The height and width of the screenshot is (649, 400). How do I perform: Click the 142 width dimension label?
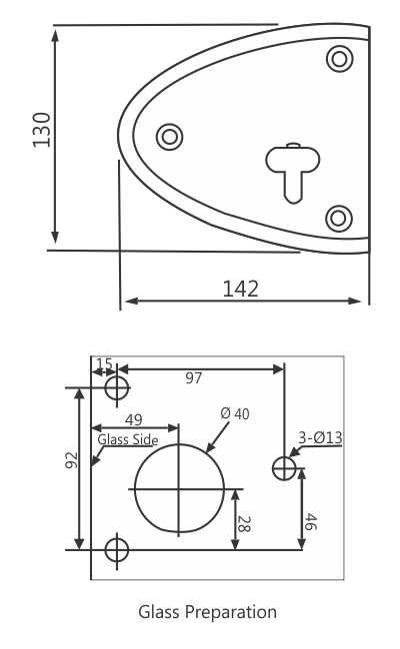point(240,289)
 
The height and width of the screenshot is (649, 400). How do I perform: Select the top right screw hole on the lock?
point(340,58)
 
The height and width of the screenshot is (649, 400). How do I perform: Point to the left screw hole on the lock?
point(170,136)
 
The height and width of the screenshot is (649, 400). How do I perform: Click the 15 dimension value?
point(104,363)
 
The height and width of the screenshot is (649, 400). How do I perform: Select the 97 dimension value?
point(194,377)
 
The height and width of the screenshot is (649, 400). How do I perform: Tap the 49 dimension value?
point(134,420)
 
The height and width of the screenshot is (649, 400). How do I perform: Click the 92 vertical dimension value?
point(71,461)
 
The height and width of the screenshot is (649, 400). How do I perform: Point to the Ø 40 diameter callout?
point(234,414)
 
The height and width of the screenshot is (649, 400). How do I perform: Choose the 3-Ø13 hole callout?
point(320,437)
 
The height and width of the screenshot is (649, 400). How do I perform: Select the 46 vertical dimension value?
point(311,519)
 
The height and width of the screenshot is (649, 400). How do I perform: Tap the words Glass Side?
point(128,438)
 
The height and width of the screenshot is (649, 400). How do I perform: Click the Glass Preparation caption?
point(207,611)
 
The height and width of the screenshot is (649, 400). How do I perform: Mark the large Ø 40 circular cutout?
point(179,489)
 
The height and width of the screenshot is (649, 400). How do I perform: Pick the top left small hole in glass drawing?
point(117,386)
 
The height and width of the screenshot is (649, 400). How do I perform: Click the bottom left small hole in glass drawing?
point(117,548)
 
